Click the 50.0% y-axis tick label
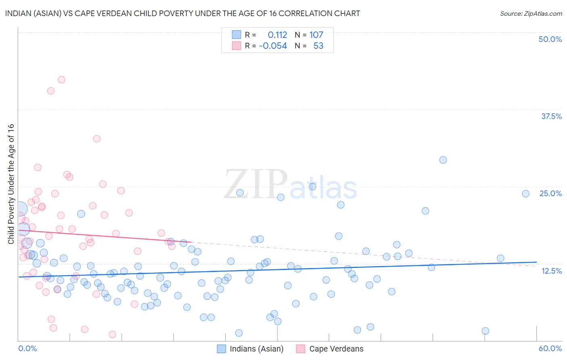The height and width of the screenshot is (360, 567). coord(550,39)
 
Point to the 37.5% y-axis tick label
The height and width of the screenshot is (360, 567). coord(551,116)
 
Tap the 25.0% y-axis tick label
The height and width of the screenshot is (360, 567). coord(550,193)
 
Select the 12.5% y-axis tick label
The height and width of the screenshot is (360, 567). coord(551,271)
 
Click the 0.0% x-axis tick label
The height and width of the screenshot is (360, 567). coord(27,348)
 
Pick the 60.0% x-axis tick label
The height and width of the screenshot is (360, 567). coord(550,348)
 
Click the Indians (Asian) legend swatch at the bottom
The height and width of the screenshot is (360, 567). coord(221,349)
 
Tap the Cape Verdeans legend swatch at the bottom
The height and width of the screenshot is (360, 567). coord(300,349)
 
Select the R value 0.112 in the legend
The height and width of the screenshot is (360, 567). coord(277,35)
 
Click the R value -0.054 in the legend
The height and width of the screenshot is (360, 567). coord(273,46)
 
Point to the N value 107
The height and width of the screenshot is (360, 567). coord(316,35)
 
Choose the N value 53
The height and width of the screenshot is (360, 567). coord(318,46)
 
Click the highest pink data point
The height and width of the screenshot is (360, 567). coord(61,80)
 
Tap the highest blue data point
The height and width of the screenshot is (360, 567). coord(443,160)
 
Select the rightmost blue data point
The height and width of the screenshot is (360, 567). coord(525,194)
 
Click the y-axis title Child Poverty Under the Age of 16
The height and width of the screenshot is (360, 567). coord(11,184)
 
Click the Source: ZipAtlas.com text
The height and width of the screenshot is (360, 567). coord(531,13)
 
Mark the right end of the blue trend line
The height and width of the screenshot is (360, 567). coord(537,262)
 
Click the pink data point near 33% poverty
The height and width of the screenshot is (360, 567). coord(96,138)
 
